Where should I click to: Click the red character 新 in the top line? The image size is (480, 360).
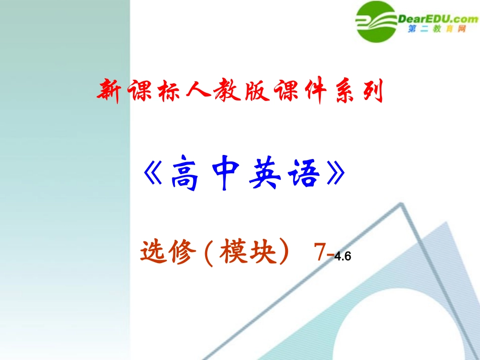(x=109, y=91)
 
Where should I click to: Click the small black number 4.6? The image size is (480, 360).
(x=342, y=256)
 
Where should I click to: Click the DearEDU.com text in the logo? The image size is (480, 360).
(x=438, y=19)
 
